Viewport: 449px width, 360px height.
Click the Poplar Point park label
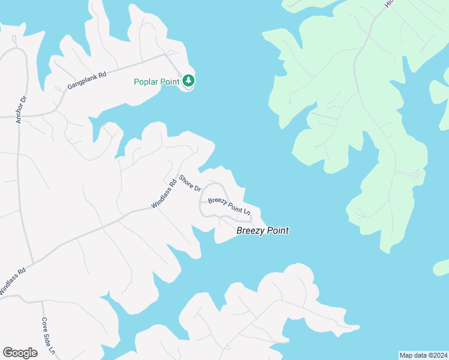coord(157,82)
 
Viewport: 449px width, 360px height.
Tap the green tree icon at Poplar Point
coord(188,80)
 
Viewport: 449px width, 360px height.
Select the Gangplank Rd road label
coord(86,80)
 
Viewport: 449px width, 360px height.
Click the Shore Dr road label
coord(190,183)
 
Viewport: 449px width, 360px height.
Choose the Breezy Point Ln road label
coord(229,206)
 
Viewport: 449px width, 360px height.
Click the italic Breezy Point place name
coord(262,230)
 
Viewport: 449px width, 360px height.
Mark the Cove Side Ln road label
coord(49,335)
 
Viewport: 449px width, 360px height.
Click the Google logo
coord(20,353)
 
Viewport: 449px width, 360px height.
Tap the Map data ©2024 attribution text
coord(423,355)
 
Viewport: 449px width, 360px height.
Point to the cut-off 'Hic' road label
coord(388,4)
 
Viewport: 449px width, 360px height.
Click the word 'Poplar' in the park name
coord(146,82)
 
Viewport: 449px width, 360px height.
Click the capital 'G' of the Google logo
coord(7,352)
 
